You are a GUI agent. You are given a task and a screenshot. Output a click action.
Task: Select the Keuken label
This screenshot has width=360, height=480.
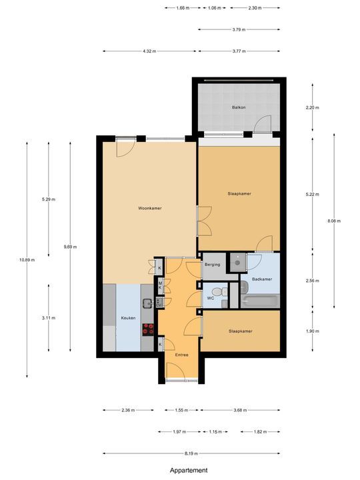click(x=128, y=318)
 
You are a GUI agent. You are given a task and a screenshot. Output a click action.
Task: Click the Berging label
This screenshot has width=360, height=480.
click(x=212, y=265)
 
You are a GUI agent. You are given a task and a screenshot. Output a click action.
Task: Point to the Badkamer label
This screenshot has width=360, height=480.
click(x=262, y=279)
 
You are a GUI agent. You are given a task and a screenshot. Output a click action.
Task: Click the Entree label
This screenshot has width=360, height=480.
click(x=181, y=355)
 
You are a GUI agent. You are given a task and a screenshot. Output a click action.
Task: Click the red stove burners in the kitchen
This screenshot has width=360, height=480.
click(x=148, y=328)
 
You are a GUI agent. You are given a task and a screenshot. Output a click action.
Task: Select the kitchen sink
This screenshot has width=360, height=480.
click(x=147, y=304)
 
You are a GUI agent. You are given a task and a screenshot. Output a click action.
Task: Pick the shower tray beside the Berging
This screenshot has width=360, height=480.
click(x=237, y=263)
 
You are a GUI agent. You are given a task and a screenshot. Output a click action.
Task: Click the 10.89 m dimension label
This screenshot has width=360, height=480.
click(x=27, y=259)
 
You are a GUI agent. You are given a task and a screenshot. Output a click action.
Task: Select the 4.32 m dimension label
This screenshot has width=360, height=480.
click(x=150, y=51)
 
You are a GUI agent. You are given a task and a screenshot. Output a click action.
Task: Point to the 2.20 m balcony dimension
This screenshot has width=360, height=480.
click(x=312, y=107)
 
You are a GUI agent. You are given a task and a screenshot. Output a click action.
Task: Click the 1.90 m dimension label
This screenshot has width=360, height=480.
click(x=312, y=331)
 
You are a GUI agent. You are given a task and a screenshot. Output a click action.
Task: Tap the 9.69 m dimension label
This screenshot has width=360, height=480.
click(x=69, y=247)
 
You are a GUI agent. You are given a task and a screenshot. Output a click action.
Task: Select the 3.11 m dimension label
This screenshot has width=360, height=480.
click(x=49, y=318)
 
